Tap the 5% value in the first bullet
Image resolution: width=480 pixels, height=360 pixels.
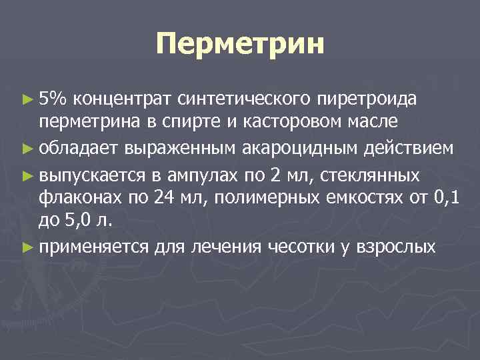pos(53,99)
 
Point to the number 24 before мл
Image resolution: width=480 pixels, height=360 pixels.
pos(163,197)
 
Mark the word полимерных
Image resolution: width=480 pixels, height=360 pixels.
pos(259,197)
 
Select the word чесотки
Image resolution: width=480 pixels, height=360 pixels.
pos(305,247)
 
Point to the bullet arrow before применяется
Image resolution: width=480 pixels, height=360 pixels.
pos(27,247)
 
